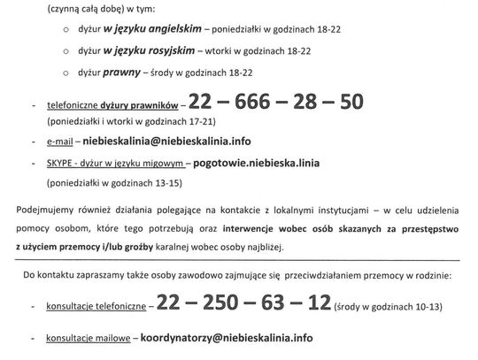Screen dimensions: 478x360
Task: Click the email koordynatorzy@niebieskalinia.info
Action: click(232, 337)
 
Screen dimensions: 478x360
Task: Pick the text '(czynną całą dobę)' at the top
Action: click(81, 7)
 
